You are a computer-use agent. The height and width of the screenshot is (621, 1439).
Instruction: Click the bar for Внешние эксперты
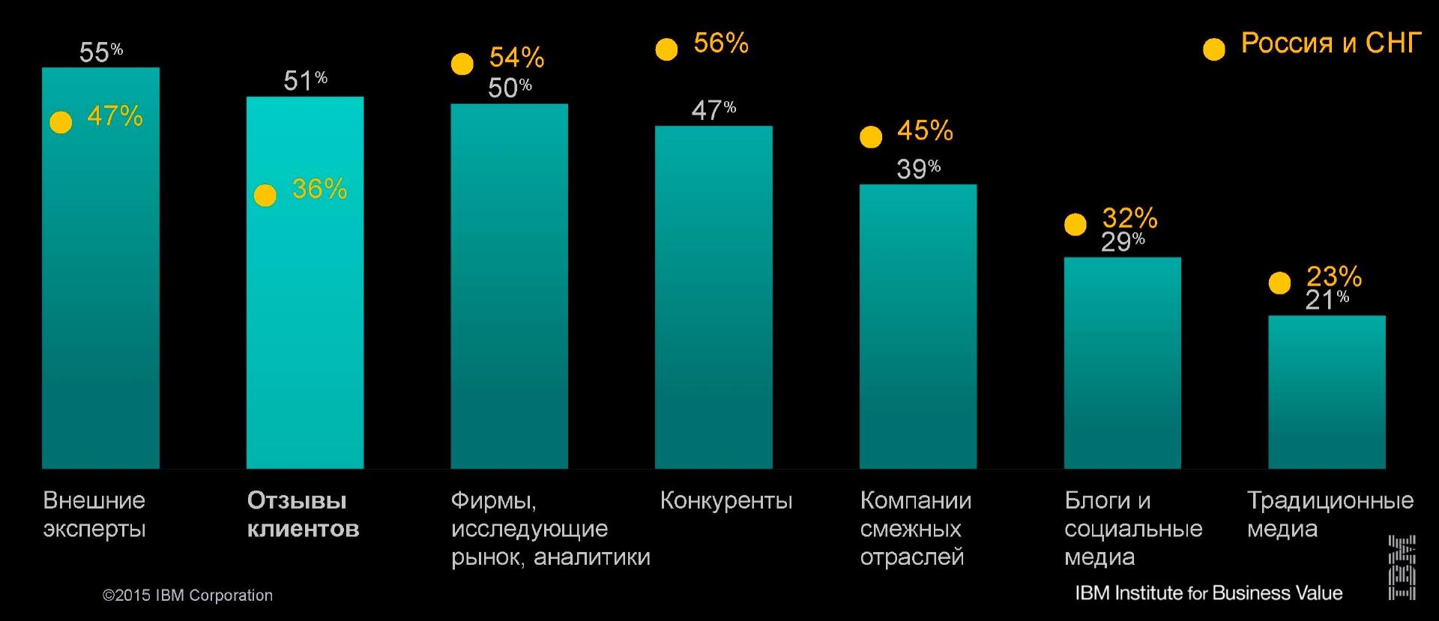pos(100,300)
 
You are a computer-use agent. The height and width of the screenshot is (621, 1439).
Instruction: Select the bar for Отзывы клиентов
pos(305,315)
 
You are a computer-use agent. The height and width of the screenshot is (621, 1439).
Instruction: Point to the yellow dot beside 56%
pos(666,49)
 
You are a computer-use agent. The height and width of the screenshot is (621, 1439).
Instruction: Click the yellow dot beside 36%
pos(265,196)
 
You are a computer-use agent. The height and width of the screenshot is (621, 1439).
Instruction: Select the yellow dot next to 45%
pos(871,137)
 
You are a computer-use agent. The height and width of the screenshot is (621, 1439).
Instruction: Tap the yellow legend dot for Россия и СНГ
pos(1213,49)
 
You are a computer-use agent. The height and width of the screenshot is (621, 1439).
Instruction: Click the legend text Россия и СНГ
pos(1331,43)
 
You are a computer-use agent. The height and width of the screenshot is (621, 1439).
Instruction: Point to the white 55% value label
pos(100,52)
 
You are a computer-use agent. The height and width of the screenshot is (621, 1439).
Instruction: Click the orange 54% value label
pos(516,58)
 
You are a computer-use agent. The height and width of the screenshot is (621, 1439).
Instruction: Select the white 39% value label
pos(918,169)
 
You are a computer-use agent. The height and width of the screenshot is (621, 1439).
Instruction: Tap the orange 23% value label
pos(1333,276)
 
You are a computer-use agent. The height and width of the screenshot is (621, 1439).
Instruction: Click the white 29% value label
pos(1122,241)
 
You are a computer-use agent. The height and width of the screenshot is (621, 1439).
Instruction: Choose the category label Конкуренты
pos(725,500)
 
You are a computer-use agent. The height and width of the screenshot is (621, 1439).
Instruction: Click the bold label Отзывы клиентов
pos(303,515)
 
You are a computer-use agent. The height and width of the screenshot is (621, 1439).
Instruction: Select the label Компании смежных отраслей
pos(915,528)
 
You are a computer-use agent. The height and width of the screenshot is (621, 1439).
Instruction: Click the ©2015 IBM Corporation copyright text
pos(187,596)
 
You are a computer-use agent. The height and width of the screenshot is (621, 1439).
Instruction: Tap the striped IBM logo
pos(1402,567)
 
